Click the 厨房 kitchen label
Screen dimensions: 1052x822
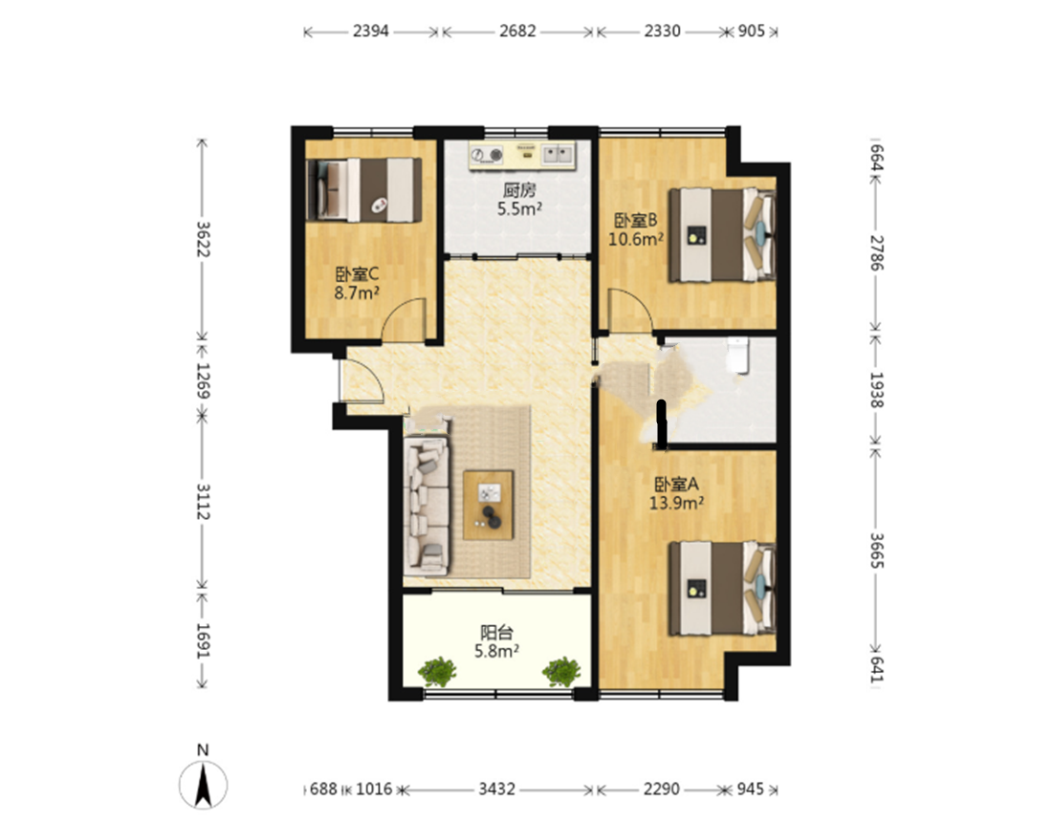click(519, 191)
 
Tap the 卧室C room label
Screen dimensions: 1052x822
click(357, 274)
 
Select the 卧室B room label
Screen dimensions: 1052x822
click(635, 221)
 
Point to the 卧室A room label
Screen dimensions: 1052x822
click(676, 484)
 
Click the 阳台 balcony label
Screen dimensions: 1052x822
click(496, 632)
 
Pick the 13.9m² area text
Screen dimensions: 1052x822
click(676, 503)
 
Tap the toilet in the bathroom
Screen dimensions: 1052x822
click(737, 354)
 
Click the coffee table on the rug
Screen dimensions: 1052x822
click(489, 505)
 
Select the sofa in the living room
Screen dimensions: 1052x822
click(426, 506)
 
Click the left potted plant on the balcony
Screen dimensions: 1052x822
click(437, 670)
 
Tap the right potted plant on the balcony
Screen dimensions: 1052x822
click(561, 670)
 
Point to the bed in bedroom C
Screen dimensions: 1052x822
click(363, 190)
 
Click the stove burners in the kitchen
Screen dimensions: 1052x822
click(487, 155)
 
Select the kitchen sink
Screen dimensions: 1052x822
click(559, 154)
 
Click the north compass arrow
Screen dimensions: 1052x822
click(203, 786)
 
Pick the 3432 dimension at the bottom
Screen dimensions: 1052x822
click(496, 790)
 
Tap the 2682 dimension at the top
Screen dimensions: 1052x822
click(517, 31)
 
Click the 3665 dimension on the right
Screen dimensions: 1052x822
click(877, 551)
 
